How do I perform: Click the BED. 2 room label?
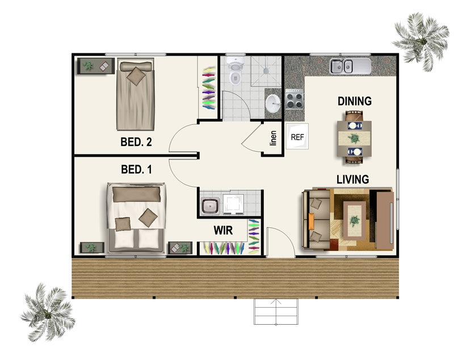136,142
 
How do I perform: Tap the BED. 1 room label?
136,169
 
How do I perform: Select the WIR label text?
223,231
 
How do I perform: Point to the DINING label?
355,101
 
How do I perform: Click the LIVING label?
352,179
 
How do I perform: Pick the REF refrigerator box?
297,136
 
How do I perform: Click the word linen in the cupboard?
273,138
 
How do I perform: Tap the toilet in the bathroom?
235,71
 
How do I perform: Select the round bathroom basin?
273,103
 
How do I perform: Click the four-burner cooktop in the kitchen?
294,99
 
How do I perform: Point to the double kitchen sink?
350,66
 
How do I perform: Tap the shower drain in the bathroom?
266,70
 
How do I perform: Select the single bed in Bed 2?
135,95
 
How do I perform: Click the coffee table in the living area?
354,220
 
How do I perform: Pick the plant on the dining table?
354,139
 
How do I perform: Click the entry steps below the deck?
276,312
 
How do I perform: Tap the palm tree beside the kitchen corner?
422,40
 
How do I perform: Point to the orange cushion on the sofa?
311,221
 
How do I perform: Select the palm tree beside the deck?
48,313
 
